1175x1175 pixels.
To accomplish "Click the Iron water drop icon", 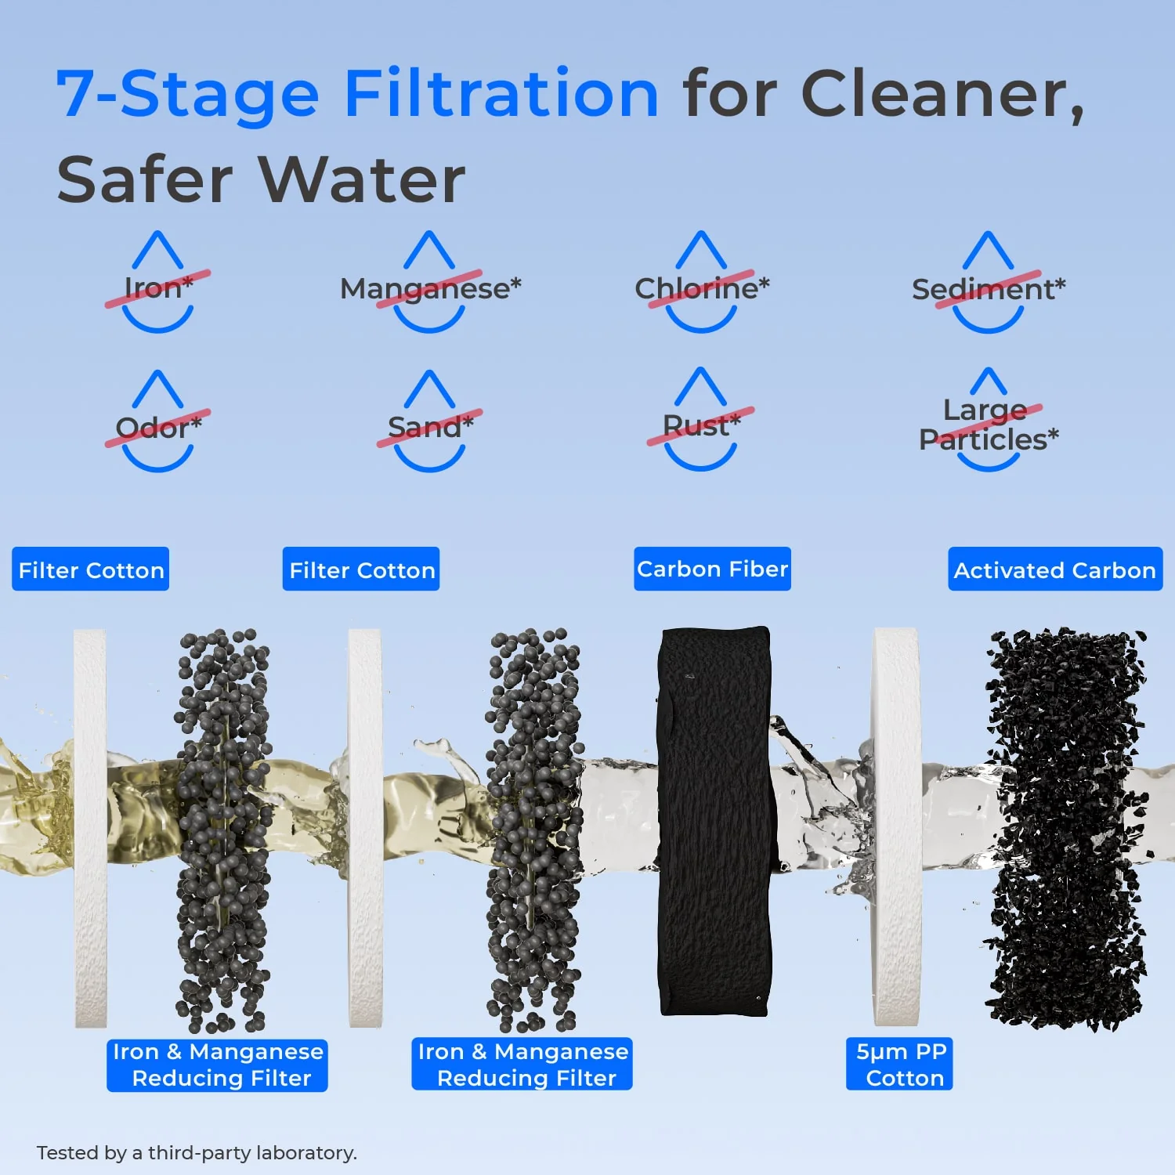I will point(157,283).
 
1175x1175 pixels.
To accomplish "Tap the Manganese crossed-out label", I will point(430,289).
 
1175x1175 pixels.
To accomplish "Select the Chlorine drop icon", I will point(701,283).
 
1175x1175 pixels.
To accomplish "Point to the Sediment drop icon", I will point(988,283).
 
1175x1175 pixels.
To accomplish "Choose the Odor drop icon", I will point(157,422).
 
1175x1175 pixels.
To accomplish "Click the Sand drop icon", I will point(430,422).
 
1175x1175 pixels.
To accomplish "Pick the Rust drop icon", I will point(700,421).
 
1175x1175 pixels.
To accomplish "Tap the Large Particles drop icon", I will point(988,421).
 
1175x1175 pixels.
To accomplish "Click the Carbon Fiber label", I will point(712,569).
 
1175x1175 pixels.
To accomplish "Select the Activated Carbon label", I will point(1054,569).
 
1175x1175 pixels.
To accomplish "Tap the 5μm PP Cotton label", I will point(900,1064).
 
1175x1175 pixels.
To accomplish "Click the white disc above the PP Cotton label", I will point(895,826).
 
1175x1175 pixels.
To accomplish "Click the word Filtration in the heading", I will point(501,94).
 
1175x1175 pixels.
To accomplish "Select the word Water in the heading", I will point(362,180).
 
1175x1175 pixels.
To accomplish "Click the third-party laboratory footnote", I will point(197,1152).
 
